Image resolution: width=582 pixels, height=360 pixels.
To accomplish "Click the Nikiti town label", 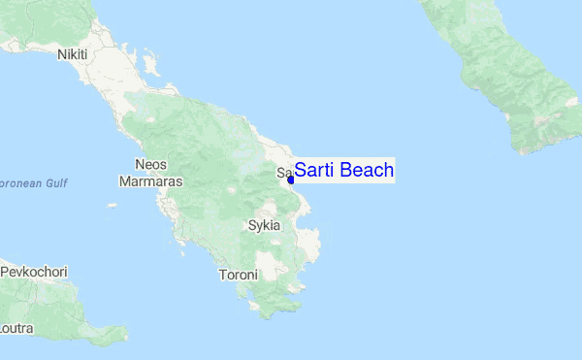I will [x=73, y=54].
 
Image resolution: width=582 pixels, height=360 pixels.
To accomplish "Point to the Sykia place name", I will [x=264, y=225].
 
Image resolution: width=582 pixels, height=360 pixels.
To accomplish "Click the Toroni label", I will [x=239, y=275].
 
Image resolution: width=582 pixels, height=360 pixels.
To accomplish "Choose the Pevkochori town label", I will [x=33, y=272].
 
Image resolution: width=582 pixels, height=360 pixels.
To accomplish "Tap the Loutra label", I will [x=16, y=329].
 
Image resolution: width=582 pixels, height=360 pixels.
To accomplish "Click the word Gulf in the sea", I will [x=53, y=182].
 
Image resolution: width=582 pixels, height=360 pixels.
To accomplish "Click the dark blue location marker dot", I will [x=291, y=180].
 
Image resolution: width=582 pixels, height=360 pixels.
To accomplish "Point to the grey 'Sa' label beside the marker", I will [x=282, y=174].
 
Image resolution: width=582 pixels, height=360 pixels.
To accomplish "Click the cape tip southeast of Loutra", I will [x=124, y=338].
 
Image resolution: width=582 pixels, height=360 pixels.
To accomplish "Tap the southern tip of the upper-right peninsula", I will [x=525, y=151].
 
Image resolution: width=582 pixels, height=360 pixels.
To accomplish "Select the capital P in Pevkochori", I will [x=5, y=272].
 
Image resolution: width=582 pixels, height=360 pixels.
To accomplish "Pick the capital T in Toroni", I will [x=222, y=275].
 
